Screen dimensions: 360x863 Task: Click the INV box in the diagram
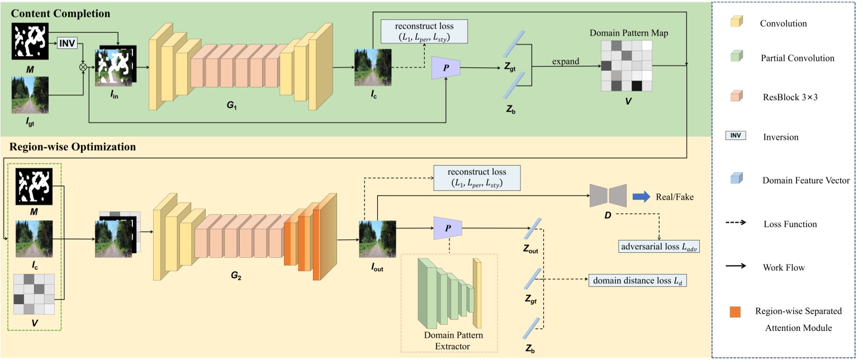pos(67,43)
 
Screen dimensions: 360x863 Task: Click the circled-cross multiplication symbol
pos(83,67)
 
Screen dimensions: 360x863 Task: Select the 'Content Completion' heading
pos(61,13)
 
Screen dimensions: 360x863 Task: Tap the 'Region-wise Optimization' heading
pos(73,148)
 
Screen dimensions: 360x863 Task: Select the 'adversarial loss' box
pos(653,245)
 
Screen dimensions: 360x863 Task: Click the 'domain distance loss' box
pos(637,280)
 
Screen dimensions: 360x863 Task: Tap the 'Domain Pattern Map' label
pos(629,33)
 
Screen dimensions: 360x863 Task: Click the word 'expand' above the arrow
pos(566,61)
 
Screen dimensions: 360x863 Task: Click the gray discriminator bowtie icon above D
pos(609,196)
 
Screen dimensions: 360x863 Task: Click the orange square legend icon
pos(736,311)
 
